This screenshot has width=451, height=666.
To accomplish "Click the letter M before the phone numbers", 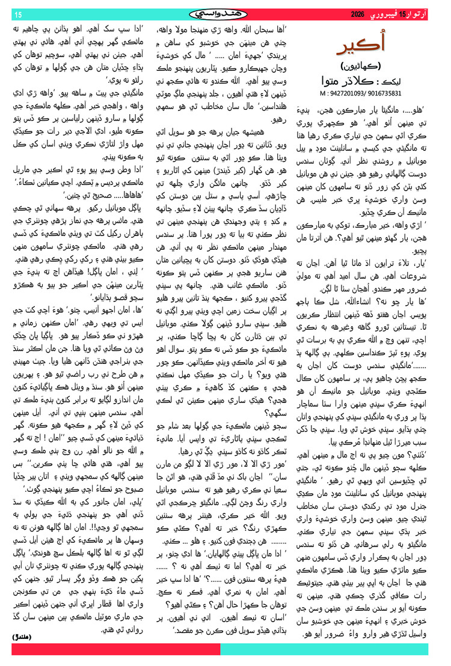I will click(x=324, y=93).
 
